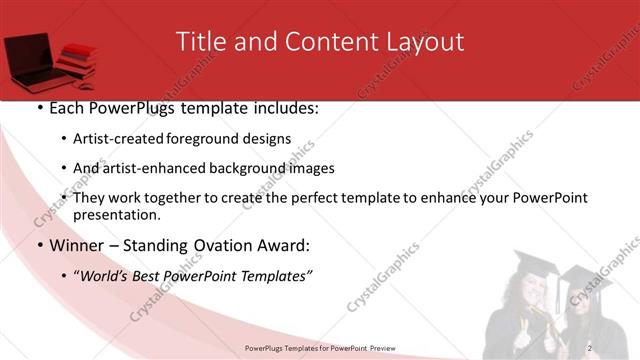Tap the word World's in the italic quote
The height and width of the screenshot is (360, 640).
(x=103, y=275)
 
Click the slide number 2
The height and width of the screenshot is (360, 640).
(x=590, y=347)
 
